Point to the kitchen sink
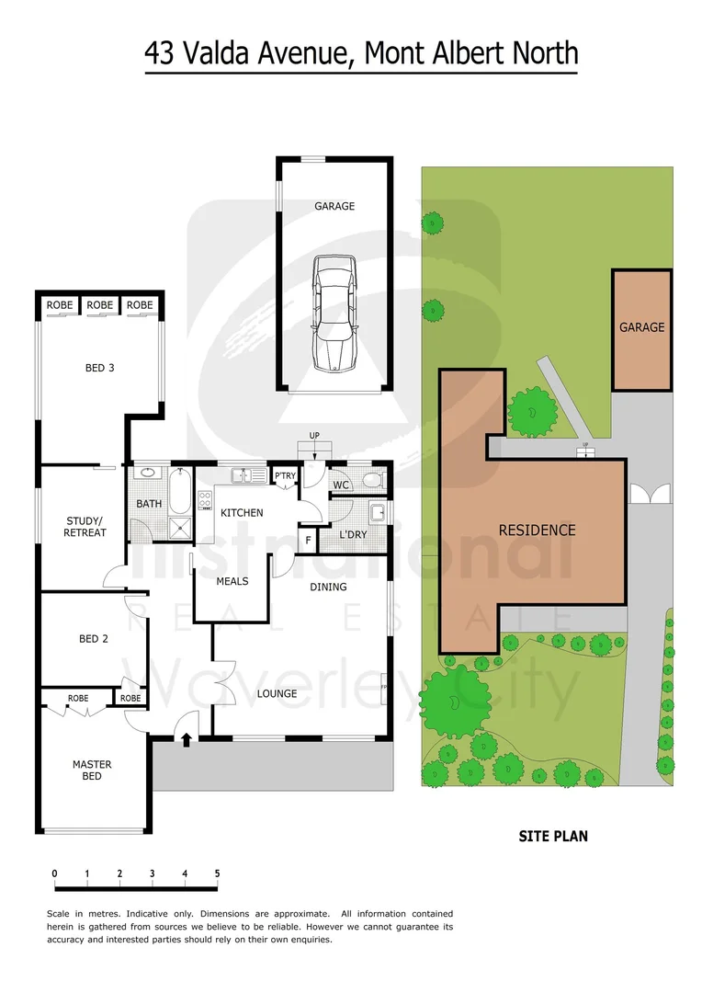[243, 476]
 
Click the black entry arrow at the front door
[187, 738]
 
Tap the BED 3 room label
[99, 369]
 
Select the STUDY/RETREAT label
[86, 527]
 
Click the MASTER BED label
[92, 770]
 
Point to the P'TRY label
[285, 476]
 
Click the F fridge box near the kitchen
[308, 540]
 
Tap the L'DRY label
[353, 535]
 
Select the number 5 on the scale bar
[218, 873]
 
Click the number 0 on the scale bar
[55, 873]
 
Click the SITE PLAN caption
[553, 836]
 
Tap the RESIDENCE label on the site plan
[537, 530]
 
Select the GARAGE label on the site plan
[641, 327]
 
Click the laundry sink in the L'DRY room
[377, 511]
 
